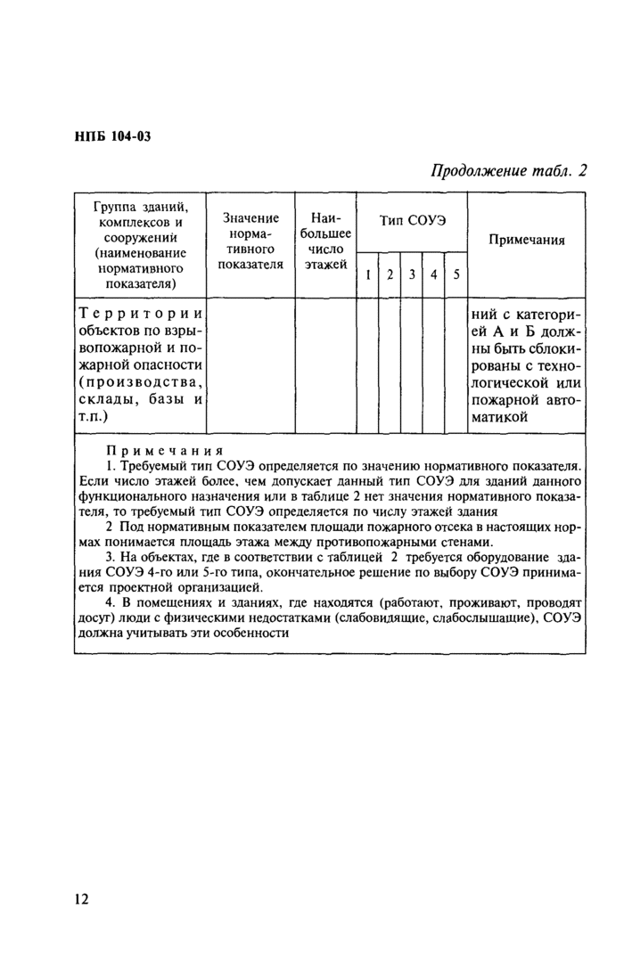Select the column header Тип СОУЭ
click(x=412, y=220)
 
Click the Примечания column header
click(x=526, y=240)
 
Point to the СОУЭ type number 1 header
click(x=367, y=275)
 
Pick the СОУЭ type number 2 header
click(x=390, y=275)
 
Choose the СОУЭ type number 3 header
click(x=411, y=275)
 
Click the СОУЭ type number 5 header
click(x=455, y=275)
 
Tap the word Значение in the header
click(x=250, y=217)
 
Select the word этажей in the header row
click(x=325, y=265)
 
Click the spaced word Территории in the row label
click(x=142, y=314)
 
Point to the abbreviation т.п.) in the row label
click(x=94, y=415)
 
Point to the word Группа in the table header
click(x=113, y=207)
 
